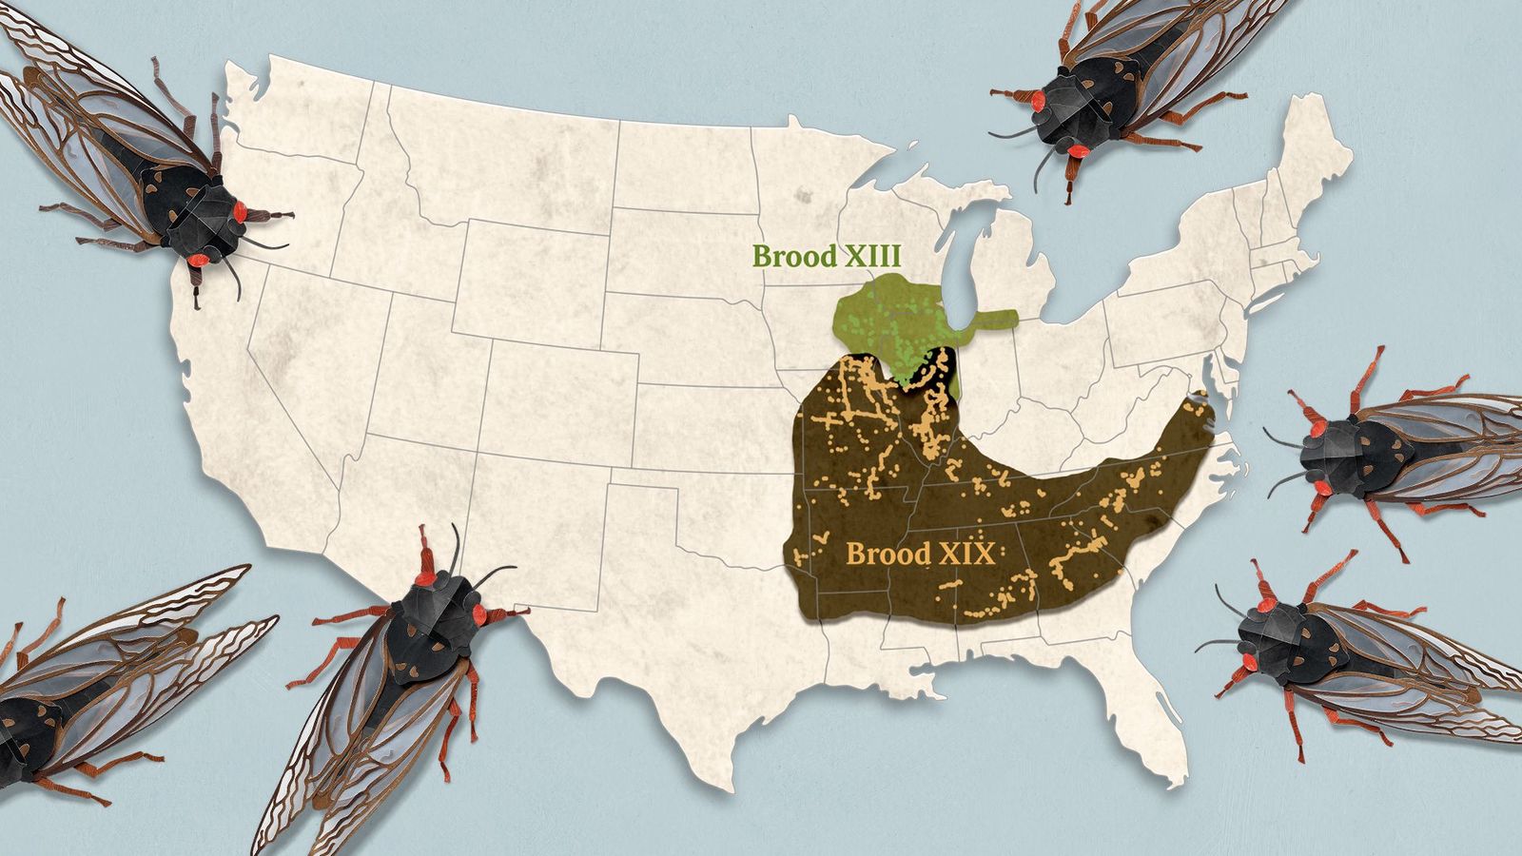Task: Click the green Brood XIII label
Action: coord(826,257)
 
